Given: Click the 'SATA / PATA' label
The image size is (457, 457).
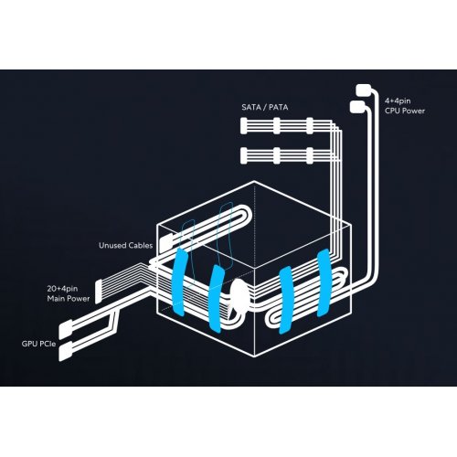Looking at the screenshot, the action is [265, 107].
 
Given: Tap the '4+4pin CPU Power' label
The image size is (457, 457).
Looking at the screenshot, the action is [405, 106].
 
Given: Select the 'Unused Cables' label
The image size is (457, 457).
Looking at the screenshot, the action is [126, 246].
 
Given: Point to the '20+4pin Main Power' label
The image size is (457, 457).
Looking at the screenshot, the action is [69, 293].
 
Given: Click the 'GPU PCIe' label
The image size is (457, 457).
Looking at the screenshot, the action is [38, 344].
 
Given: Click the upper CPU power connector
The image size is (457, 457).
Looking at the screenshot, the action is [363, 90].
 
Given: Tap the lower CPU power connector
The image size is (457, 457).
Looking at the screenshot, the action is [357, 107].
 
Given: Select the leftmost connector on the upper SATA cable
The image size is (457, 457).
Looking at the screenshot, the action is [243, 126].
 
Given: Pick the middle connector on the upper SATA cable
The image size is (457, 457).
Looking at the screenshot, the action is [277, 126].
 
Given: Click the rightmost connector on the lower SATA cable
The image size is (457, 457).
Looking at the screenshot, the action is [310, 155].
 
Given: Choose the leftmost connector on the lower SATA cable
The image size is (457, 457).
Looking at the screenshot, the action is [243, 155].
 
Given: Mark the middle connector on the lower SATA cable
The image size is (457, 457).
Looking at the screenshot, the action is [277, 155].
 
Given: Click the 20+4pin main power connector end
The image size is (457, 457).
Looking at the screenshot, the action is [98, 292].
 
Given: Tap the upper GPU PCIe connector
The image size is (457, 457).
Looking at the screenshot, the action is [66, 329].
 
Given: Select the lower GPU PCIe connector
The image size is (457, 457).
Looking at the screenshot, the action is [66, 351].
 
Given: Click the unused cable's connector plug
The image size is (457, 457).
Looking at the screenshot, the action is [166, 243].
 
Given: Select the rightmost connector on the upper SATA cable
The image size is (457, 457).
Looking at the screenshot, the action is [310, 126].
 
